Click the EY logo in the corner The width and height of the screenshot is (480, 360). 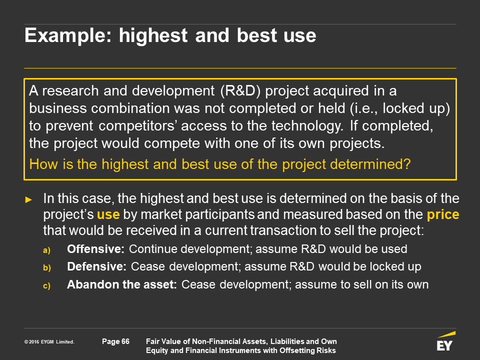tap(445, 341)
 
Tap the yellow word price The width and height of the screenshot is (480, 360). tap(443, 215)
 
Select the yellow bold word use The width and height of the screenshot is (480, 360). tap(108, 215)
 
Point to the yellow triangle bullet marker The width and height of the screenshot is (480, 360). tap(28, 200)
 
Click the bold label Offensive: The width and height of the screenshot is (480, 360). tap(95, 249)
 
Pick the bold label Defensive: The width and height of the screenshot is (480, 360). tap(96, 266)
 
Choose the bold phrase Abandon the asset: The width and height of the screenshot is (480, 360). tap(122, 284)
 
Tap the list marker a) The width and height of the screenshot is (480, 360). tap(46, 250)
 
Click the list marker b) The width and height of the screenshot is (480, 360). tap(47, 268)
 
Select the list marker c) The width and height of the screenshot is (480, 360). tap(46, 286)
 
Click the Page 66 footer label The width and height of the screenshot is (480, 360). tap(115, 341)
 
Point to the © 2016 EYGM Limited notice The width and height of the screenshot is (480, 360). tap(49, 342)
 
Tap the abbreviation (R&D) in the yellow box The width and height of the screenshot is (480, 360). tap(240, 91)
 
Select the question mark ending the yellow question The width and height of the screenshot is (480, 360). tap(407, 164)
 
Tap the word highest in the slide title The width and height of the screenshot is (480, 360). tap(153, 36)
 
